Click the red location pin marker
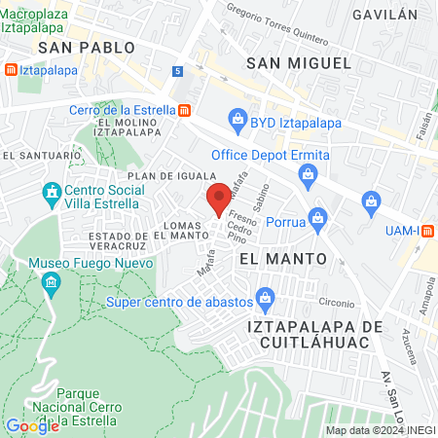pos(219,200)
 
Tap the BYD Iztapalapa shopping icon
pos(237,120)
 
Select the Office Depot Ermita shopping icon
pos(308,175)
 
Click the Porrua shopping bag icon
pos(316,218)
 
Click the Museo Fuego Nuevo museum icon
pos(52,283)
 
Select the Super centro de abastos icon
pos(262,298)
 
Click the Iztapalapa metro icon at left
pos(10,70)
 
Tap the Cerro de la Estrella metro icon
pos(184,110)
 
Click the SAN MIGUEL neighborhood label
pos(298,62)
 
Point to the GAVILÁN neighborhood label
pos(384,15)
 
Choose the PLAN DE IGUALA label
pos(170,174)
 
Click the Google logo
pos(32,425)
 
